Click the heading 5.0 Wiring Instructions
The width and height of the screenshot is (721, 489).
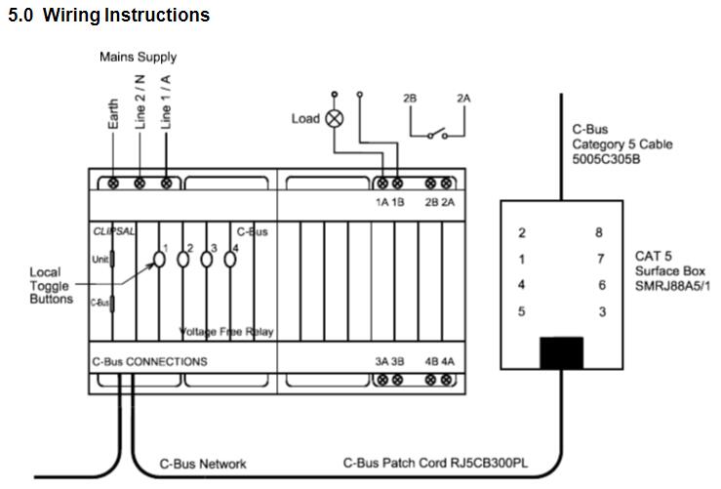point(108,16)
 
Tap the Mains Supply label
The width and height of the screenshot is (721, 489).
point(138,58)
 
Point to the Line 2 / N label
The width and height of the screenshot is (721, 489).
point(140,102)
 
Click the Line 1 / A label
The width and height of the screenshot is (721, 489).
point(166,102)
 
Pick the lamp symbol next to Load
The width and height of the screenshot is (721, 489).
point(334,119)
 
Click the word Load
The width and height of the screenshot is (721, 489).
point(305,119)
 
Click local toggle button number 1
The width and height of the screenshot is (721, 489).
point(157,260)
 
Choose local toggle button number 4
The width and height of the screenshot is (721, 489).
point(231,260)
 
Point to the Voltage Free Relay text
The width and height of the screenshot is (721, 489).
point(226,332)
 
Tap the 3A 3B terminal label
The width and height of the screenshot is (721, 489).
point(390,361)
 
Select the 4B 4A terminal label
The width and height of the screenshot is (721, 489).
point(438,361)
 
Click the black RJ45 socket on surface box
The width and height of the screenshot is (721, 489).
point(561,354)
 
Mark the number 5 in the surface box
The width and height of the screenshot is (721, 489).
point(523,311)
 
